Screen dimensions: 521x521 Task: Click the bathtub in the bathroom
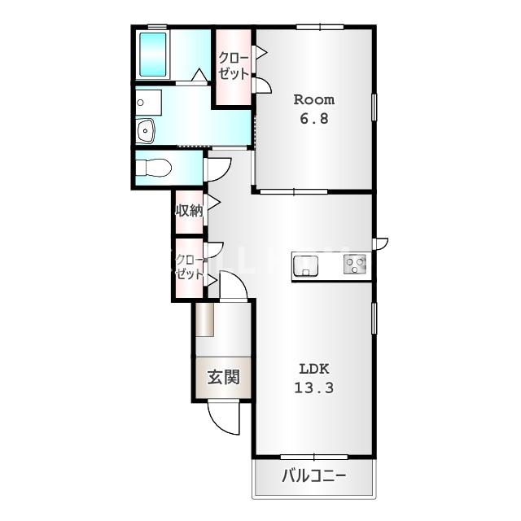pos(153,55)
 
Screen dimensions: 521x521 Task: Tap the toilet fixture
pos(154,168)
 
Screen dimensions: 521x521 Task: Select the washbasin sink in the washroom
pos(145,131)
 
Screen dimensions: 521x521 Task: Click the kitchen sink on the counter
pos(306,266)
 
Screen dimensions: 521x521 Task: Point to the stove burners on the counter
pos(355,264)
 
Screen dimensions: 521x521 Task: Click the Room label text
pos(314,99)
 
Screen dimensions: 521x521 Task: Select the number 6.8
pos(314,119)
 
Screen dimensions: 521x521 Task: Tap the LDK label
pos(314,369)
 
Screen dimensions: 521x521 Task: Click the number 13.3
pos(314,387)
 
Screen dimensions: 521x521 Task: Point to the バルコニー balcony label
pos(314,475)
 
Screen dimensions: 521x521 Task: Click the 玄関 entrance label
pos(224,377)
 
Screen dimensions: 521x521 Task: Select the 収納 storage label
pos(189,210)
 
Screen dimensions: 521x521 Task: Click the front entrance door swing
pos(223,418)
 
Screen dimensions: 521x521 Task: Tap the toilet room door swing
pos(219,170)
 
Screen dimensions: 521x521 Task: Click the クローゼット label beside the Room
pos(234,66)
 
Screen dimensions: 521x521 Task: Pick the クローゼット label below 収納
pos(189,267)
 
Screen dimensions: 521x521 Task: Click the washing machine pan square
pos(148,103)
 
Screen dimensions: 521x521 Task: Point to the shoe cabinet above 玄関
pos(204,320)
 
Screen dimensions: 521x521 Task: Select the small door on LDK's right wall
pos(380,243)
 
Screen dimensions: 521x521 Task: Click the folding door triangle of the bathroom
pos(199,75)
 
